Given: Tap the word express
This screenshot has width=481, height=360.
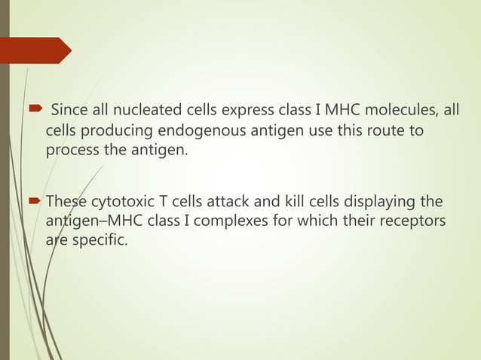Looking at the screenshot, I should click(231, 112).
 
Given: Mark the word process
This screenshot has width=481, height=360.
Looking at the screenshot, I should click(70, 151).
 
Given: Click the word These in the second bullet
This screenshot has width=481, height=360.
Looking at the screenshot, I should click(67, 202).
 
